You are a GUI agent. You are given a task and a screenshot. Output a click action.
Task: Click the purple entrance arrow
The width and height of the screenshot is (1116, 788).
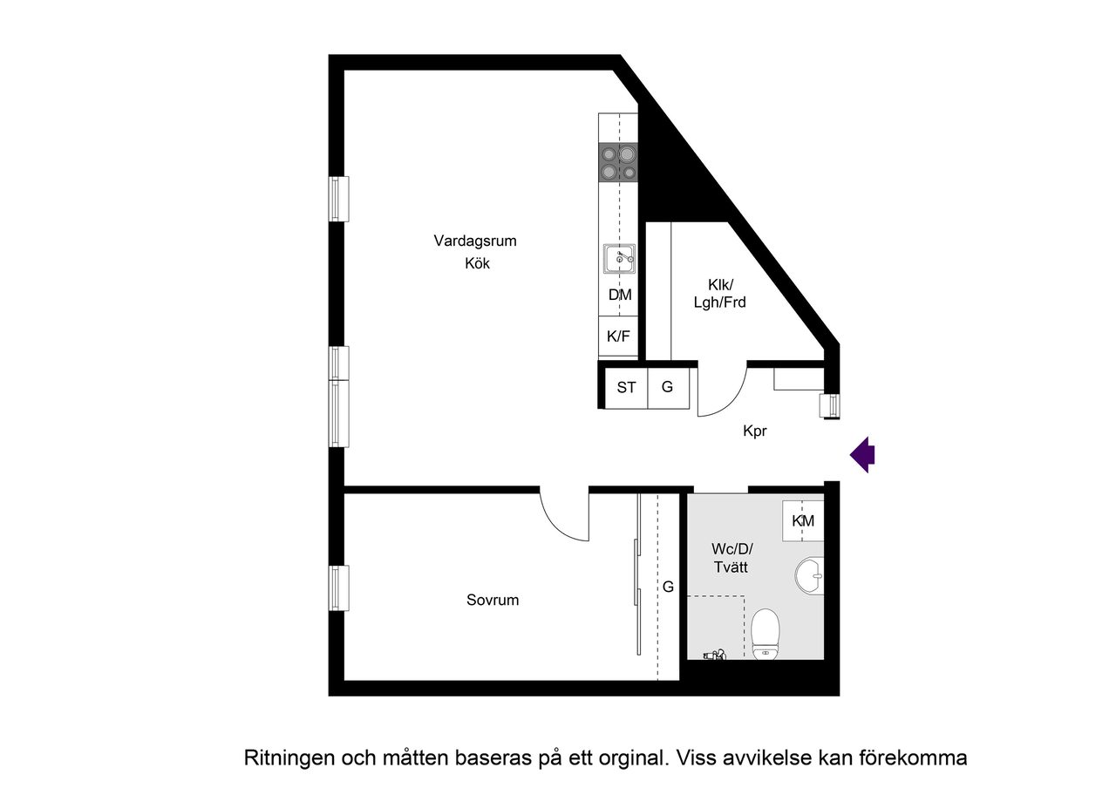(x=863, y=454)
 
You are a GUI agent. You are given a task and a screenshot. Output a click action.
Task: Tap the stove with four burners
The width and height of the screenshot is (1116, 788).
(x=618, y=162)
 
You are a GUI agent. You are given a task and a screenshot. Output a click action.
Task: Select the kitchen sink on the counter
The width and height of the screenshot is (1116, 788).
(x=619, y=259)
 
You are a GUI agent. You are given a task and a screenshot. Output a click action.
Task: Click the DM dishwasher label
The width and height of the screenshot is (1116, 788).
(x=619, y=295)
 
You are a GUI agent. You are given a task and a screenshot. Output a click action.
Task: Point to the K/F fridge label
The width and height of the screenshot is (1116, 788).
(x=618, y=336)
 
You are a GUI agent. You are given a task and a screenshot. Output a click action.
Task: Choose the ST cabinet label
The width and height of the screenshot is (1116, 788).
(x=626, y=388)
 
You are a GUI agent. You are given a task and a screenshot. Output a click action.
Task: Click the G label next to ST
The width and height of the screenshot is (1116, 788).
(x=667, y=388)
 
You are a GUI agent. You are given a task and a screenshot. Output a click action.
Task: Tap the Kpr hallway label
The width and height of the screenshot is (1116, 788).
(x=754, y=431)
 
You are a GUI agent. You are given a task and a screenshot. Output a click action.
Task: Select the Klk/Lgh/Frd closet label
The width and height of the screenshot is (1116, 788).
(x=721, y=294)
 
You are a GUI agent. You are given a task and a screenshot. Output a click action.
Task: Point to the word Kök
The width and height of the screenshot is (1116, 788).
(x=477, y=263)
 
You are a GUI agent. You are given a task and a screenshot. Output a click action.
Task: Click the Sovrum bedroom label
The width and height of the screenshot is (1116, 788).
(x=492, y=600)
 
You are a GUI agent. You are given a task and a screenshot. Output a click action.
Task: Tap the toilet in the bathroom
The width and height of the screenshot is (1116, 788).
(x=765, y=633)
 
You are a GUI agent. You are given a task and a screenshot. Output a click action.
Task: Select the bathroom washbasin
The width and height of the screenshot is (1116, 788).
(x=810, y=574)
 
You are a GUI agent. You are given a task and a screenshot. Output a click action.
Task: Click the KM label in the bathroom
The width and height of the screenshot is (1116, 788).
(x=803, y=521)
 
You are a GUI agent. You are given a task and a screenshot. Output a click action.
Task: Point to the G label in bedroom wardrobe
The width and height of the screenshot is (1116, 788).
(x=668, y=587)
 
